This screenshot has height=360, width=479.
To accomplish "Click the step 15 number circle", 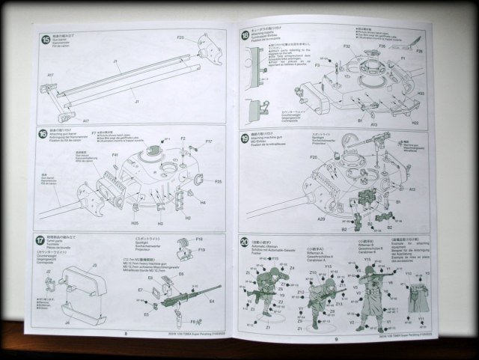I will (47, 38).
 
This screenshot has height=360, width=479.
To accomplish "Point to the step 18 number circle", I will (245, 35).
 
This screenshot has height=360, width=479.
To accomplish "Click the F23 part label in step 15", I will (180, 37).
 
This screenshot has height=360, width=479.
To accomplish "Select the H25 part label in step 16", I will (134, 223).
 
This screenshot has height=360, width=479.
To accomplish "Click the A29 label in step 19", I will (322, 219).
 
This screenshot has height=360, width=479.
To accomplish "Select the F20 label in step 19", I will (314, 158).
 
